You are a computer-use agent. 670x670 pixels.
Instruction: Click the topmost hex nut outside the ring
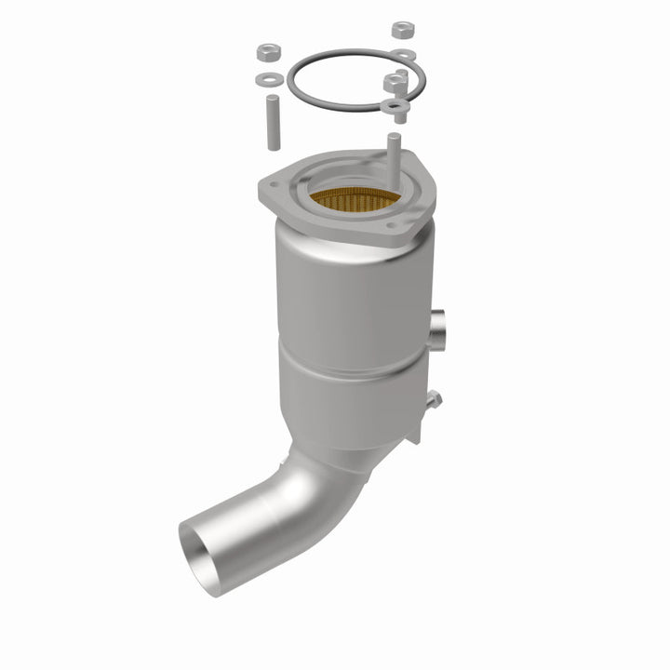tap(403, 32)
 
